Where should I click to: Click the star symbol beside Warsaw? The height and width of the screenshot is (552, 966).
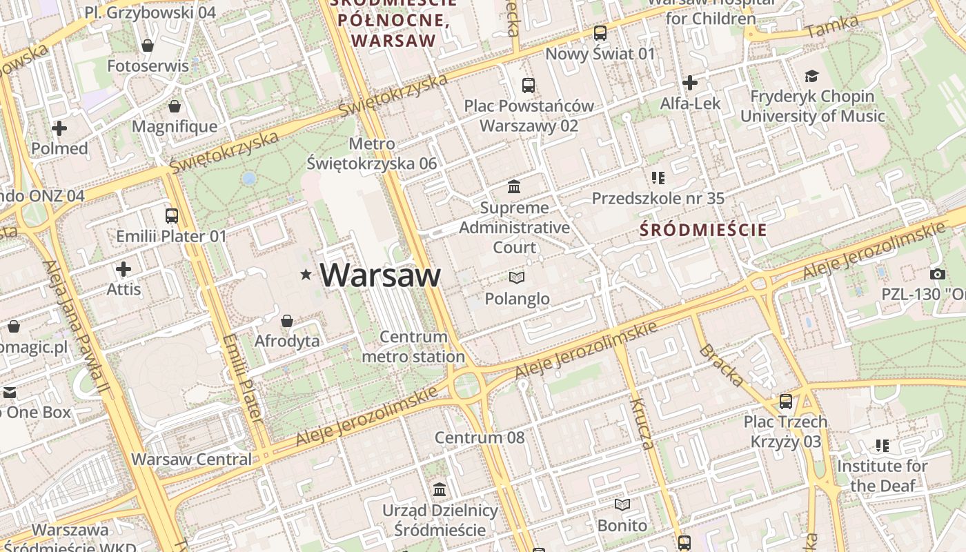click(306, 275)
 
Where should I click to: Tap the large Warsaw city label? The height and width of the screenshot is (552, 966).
click(380, 275)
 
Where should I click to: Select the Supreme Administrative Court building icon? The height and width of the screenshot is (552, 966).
click(514, 186)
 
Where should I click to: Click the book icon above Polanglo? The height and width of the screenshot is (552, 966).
click(517, 277)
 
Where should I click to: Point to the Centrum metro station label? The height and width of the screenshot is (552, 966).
click(413, 347)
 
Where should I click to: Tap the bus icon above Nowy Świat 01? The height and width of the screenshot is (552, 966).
click(600, 32)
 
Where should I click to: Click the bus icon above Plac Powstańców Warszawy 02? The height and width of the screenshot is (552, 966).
click(529, 86)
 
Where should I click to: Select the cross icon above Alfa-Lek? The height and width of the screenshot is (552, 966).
click(689, 83)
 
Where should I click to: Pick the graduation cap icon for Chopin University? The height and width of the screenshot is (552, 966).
click(812, 76)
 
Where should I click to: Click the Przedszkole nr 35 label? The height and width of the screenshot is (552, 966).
click(658, 199)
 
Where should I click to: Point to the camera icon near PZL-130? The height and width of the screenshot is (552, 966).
click(937, 274)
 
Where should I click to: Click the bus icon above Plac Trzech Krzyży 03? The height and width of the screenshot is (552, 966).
click(785, 401)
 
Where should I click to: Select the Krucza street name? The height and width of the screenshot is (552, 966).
click(642, 424)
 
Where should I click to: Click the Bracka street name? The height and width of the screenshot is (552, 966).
click(722, 365)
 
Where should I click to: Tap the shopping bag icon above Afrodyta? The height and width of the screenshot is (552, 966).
click(287, 321)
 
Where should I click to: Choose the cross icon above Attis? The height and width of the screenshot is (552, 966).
click(124, 268)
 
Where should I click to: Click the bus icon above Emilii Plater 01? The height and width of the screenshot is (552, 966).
click(172, 216)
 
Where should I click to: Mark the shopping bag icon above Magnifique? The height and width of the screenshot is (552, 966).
click(175, 106)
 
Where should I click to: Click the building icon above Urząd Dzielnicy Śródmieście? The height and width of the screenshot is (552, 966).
click(440, 490)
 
